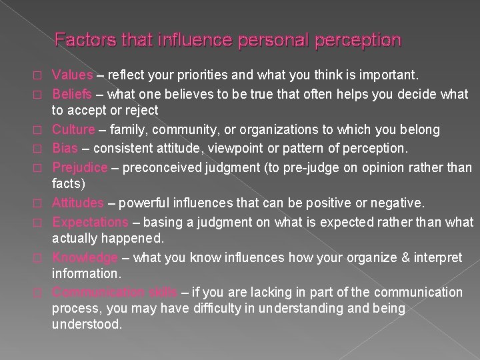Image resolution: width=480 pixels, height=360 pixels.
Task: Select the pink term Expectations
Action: (x=89, y=220)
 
